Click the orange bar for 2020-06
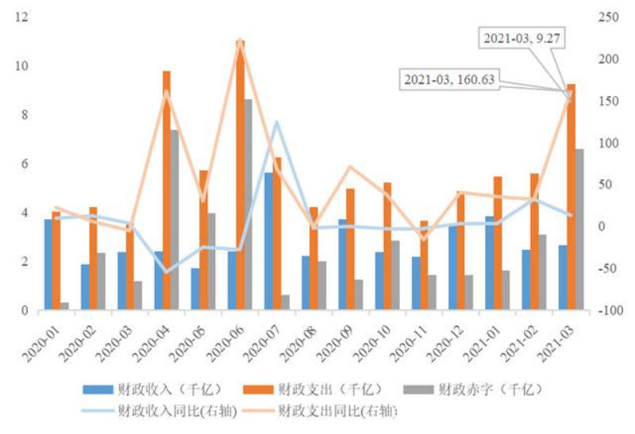241,175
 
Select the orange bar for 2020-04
167,190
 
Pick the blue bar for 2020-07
269,241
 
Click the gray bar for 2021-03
579,229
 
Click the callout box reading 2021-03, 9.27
521,37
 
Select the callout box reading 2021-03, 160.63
447,79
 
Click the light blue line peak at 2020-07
276,122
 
